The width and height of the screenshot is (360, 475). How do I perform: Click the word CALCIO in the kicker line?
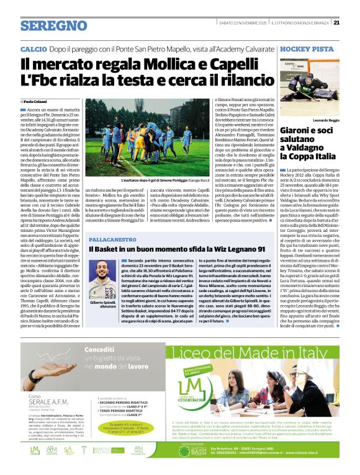pyautogui.click(x=34, y=48)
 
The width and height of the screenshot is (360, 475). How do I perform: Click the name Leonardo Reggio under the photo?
pyautogui.click(x=327, y=120)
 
